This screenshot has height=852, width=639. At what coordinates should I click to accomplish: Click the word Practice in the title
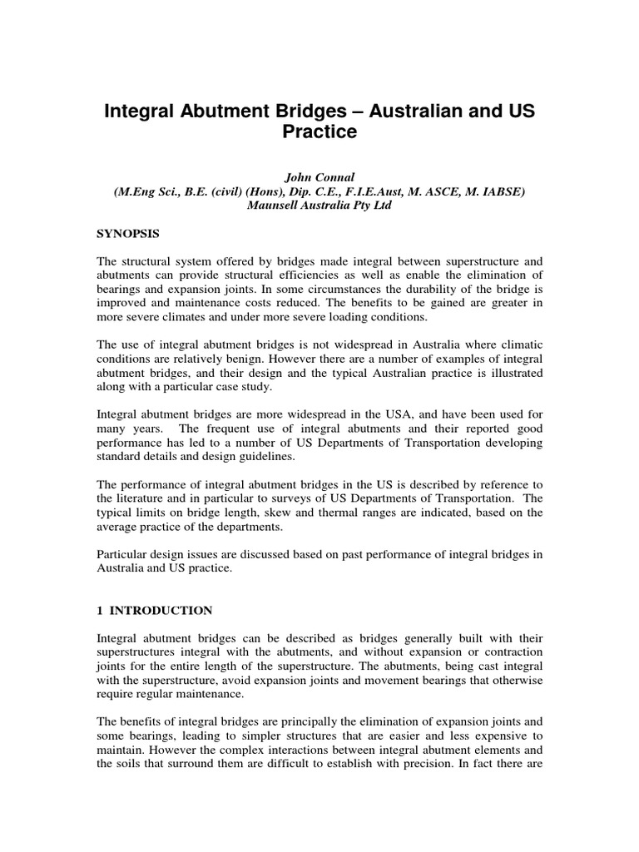tap(319, 131)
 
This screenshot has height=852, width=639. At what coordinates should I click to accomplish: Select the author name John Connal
tap(319, 177)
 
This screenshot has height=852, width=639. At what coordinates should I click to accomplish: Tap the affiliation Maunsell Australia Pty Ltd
tap(319, 206)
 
